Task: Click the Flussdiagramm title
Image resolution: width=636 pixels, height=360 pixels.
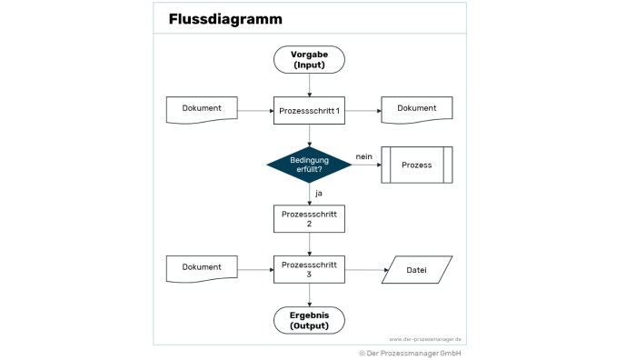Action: [x=225, y=19]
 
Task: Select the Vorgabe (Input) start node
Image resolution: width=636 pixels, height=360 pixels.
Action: [x=309, y=60]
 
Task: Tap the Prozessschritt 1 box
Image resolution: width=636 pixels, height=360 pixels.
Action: [x=309, y=110]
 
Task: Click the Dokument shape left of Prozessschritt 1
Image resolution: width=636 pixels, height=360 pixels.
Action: [x=202, y=110]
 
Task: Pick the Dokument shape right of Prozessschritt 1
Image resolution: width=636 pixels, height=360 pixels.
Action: [x=417, y=110]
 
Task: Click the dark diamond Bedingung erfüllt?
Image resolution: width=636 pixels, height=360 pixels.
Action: [x=309, y=165]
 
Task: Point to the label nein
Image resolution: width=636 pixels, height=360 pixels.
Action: [x=363, y=156]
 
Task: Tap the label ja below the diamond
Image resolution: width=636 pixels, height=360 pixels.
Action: [x=319, y=194]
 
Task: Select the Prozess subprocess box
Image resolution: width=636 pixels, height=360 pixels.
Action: [x=417, y=165]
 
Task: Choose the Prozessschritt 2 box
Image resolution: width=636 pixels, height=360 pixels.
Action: [x=309, y=219]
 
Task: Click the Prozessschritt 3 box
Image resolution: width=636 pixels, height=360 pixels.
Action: [x=309, y=269]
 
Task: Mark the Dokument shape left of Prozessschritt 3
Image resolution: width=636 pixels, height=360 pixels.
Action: [x=202, y=269]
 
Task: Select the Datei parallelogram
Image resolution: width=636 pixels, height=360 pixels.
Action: [x=417, y=269]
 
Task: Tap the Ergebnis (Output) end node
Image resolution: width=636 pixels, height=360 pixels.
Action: [x=309, y=320]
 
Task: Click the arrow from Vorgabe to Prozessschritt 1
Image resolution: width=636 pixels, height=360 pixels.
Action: [x=310, y=85]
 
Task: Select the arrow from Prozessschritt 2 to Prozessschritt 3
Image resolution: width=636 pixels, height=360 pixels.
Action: [x=310, y=245]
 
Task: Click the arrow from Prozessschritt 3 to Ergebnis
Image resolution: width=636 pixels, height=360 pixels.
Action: [x=310, y=295]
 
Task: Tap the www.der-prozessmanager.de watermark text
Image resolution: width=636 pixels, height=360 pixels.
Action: [x=425, y=339]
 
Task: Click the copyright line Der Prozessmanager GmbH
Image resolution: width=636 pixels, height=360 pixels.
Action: [x=410, y=354]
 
